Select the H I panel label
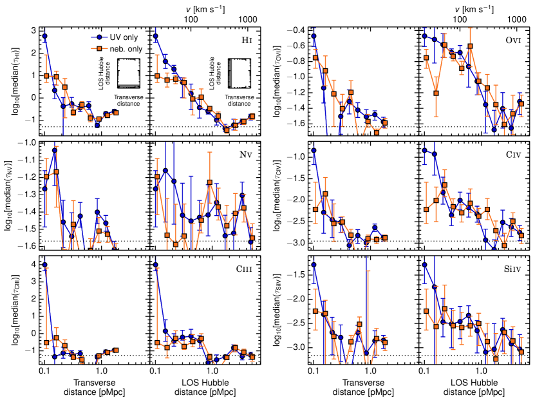(245, 41)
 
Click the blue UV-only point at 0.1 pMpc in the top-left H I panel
(45, 37)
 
